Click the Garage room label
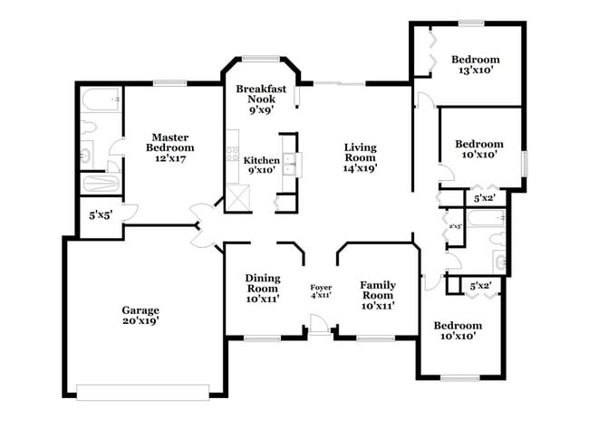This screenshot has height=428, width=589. [x=140, y=309]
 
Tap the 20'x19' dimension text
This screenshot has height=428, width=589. [x=140, y=321]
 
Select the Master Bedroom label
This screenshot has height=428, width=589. [x=171, y=142]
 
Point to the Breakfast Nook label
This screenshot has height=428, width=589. [x=255, y=94]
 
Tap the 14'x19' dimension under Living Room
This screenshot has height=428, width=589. [x=360, y=166]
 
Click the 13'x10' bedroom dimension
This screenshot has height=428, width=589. [x=475, y=71]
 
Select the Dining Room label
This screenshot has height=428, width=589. [x=263, y=282]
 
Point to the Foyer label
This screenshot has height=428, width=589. [x=321, y=287]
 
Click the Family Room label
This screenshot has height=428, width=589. [x=377, y=289]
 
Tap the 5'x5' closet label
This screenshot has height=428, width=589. [x=99, y=216]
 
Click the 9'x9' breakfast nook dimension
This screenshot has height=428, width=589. [x=255, y=109]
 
